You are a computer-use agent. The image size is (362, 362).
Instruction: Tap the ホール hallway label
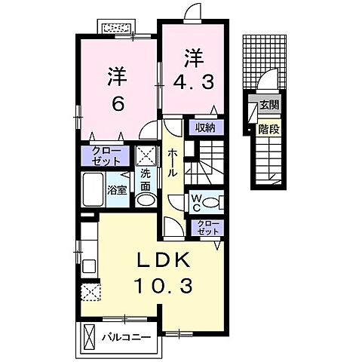point(173,161)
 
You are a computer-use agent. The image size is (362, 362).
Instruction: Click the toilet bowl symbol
point(211,201)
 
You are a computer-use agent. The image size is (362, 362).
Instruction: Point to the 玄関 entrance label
point(268,105)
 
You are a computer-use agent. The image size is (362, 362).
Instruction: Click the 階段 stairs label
point(268,129)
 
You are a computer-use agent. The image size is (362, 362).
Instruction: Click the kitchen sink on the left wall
point(87,266)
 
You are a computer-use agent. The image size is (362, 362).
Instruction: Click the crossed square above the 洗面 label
point(145,155)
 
